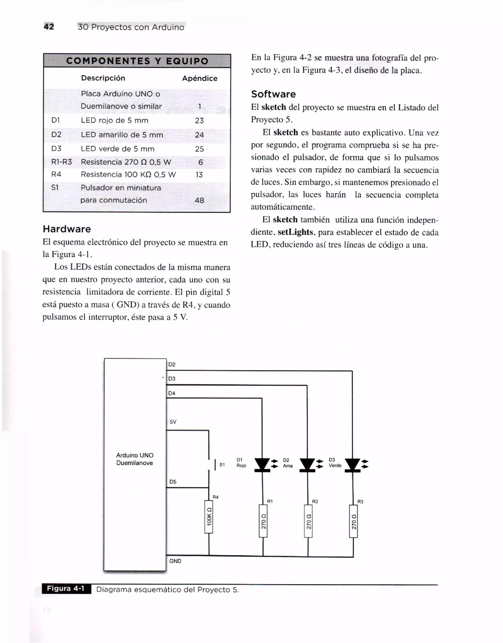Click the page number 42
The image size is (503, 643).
pyautogui.click(x=49, y=27)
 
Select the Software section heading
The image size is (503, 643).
pyautogui.click(x=273, y=94)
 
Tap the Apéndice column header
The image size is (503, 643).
pyautogui.click(x=199, y=78)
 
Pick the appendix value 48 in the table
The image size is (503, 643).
pyautogui.click(x=199, y=200)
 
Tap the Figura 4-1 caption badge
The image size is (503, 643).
pyautogui.click(x=66, y=589)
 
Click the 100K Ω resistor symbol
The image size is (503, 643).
pyautogui.click(x=209, y=517)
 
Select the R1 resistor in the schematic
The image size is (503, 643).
pyautogui.click(x=263, y=521)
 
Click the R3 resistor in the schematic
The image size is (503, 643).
pyautogui.click(x=353, y=521)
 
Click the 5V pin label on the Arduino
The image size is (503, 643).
pyautogui.click(x=173, y=422)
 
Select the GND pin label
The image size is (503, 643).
pyautogui.click(x=175, y=561)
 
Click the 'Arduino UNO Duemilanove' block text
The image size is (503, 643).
pyautogui.click(x=134, y=459)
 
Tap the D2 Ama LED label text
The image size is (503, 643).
pyautogui.click(x=288, y=463)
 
